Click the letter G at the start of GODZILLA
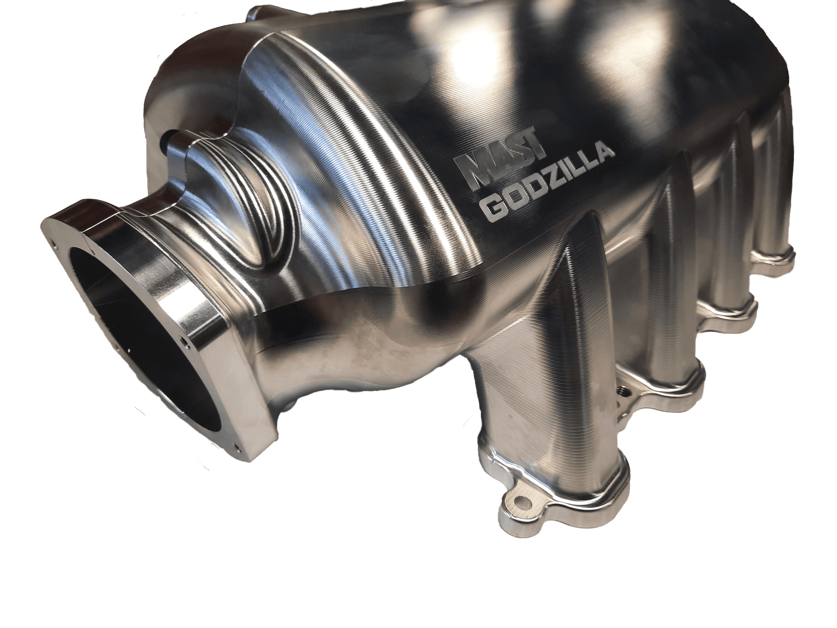(x=490, y=208)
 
